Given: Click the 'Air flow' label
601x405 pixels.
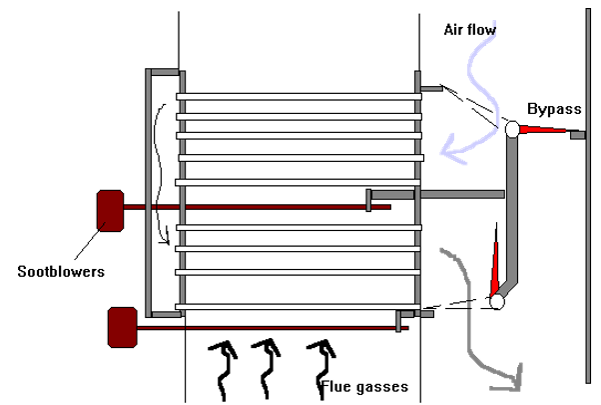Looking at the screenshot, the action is (x=470, y=30).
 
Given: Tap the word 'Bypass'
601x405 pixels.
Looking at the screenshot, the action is (x=554, y=109).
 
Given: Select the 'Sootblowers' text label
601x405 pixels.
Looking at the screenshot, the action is (x=61, y=271).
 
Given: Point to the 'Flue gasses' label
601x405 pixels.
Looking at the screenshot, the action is (x=364, y=387).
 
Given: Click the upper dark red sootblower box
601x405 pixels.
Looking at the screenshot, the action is (x=111, y=211).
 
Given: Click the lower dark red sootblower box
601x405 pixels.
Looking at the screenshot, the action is (x=123, y=327).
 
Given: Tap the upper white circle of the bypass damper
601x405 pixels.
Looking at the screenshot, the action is (x=512, y=129).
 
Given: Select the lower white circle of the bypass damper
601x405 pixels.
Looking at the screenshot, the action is (x=497, y=302).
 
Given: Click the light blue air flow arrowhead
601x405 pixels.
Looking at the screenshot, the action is (x=452, y=151).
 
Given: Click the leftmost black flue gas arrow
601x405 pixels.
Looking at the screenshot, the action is (x=225, y=369).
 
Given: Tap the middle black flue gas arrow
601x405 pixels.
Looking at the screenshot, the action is (x=267, y=369).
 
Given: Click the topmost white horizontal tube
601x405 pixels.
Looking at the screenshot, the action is (x=299, y=97).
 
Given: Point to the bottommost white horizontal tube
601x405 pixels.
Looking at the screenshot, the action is (x=298, y=307).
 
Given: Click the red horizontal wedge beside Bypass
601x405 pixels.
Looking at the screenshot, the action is (x=542, y=129).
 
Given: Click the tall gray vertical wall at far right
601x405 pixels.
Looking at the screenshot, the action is (x=588, y=196).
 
